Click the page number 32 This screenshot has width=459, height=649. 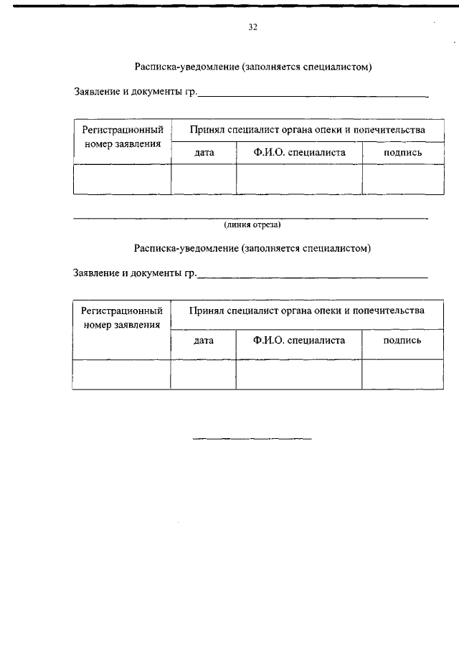coord(252,27)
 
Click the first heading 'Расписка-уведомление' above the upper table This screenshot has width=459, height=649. coord(254,67)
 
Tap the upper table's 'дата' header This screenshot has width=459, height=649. coord(204,153)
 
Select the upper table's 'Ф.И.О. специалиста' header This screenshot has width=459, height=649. coord(299,153)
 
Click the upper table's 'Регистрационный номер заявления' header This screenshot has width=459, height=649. coord(122,137)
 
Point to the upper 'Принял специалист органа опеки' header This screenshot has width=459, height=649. coord(307,130)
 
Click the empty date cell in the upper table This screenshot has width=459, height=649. coord(204,179)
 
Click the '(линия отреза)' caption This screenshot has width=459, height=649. coord(252,224)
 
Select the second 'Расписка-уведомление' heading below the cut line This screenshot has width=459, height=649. coord(253,248)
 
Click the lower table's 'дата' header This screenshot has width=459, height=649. coord(204,341)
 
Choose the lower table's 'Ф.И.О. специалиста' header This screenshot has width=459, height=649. coord(299,341)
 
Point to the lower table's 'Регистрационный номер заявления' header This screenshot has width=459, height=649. coord(121,318)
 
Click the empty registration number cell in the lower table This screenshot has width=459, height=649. coord(121,374)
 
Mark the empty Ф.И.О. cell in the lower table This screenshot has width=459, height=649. coord(299,374)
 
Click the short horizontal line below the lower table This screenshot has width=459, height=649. coord(252,438)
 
